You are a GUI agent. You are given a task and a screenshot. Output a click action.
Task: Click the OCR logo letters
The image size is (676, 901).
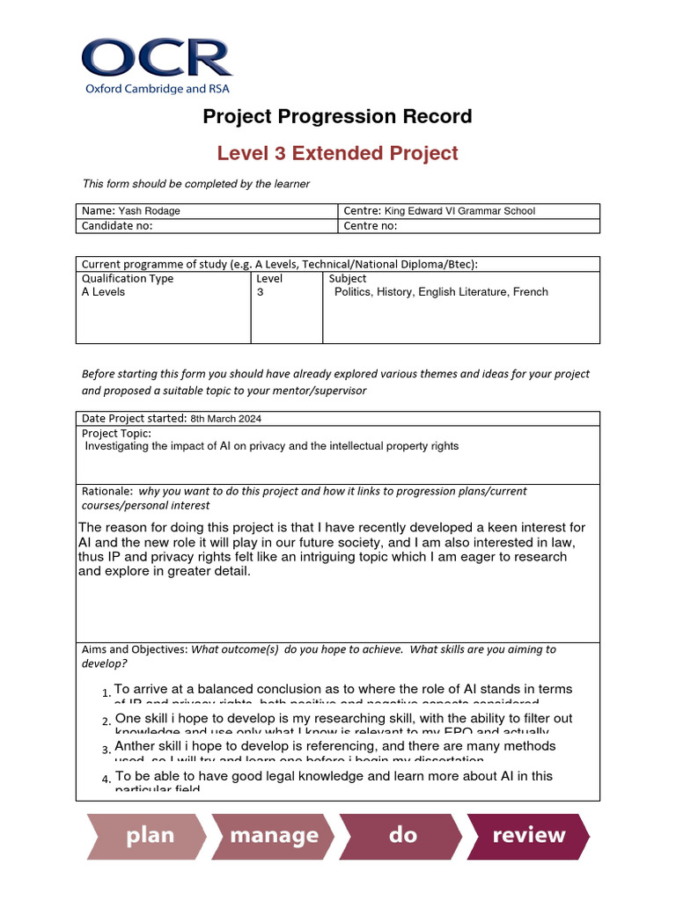[x=157, y=58]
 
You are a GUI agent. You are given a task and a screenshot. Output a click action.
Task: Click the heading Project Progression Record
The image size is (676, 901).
[x=337, y=116]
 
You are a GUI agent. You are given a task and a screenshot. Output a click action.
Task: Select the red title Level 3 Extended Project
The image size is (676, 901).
[x=337, y=153]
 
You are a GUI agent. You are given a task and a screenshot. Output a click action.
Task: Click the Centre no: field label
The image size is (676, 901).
[x=371, y=225]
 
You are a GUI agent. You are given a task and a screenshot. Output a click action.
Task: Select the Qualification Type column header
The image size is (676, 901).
[x=128, y=278]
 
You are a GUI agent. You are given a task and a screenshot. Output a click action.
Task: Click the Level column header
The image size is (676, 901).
[x=269, y=278]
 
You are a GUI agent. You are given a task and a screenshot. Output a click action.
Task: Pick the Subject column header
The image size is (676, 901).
[x=348, y=278]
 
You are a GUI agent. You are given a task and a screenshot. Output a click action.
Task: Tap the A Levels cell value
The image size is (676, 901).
[x=103, y=292]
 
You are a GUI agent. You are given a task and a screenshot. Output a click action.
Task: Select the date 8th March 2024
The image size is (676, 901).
[x=225, y=419]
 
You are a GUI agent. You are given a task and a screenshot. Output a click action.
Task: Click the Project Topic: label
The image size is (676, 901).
[x=116, y=433]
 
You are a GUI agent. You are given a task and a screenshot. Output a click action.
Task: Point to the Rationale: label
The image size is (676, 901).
[x=107, y=491]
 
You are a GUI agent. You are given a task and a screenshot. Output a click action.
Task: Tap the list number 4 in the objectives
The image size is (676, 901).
[x=106, y=780]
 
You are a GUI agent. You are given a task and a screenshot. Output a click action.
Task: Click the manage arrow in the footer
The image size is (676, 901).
[x=274, y=835]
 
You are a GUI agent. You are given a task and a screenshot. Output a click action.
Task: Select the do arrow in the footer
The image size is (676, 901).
[x=402, y=835]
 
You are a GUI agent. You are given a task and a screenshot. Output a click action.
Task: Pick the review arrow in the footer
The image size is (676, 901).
[x=528, y=835]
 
